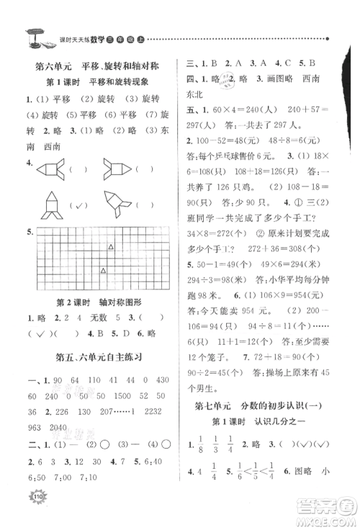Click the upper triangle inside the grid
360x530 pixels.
(110, 247)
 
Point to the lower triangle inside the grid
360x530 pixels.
(103, 271)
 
